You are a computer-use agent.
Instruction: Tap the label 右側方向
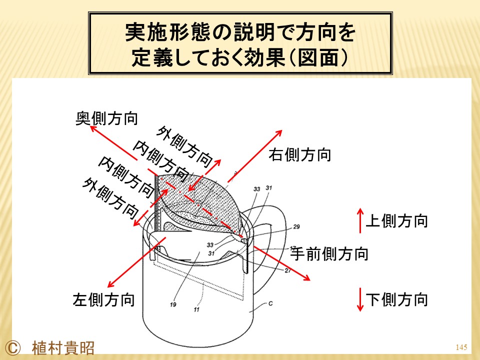(x=300, y=154)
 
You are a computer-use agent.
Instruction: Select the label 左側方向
(x=104, y=299)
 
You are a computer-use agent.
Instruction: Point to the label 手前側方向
(x=329, y=254)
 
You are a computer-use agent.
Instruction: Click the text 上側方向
(x=396, y=220)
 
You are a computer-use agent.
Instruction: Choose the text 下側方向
(x=396, y=299)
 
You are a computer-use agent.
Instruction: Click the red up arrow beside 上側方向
(x=360, y=220)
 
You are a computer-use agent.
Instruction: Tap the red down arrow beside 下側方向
(x=360, y=299)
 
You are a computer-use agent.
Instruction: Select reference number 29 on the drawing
(x=296, y=227)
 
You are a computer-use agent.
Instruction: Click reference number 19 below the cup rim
(x=173, y=304)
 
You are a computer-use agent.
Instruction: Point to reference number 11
(x=196, y=309)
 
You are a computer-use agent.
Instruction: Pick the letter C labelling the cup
(x=270, y=303)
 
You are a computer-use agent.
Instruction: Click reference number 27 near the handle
(x=288, y=270)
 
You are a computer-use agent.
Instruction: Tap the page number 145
(x=461, y=347)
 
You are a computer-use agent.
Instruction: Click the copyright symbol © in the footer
(x=13, y=348)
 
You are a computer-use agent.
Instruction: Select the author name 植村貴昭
(x=63, y=348)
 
